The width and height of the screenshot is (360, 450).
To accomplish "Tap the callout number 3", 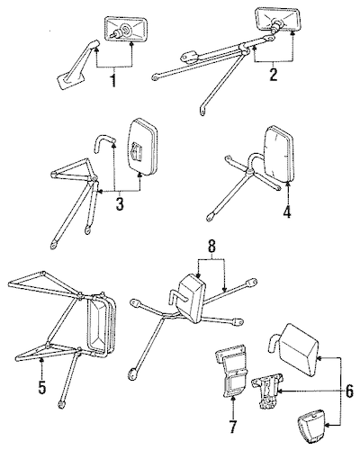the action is [x=120, y=203].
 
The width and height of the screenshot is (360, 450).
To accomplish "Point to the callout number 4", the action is [x=287, y=211].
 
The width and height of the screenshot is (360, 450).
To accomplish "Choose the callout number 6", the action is [x=349, y=391].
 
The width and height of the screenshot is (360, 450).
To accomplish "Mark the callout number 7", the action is [x=233, y=426].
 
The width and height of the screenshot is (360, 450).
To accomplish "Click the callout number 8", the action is [x=211, y=247].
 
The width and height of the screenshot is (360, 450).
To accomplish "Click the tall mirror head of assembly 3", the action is [x=143, y=147].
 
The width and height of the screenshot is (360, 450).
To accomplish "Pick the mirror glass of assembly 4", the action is [x=278, y=155].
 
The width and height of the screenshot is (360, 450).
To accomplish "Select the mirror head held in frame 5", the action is [x=101, y=326].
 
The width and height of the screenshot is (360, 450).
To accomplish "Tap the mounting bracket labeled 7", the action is [x=232, y=371].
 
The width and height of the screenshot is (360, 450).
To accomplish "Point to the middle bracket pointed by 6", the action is [x=267, y=390].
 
